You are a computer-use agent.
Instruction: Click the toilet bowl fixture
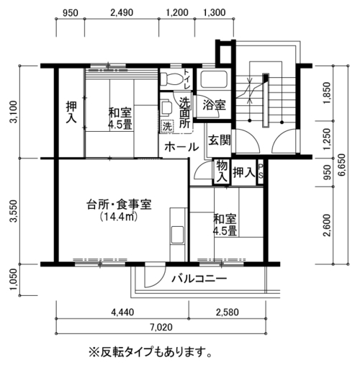coord(171,79)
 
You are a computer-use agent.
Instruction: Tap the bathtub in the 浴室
coord(214,79)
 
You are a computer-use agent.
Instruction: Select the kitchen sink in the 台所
coord(177,235)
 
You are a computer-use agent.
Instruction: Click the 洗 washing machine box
coord(167,126)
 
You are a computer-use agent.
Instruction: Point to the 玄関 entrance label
coord(219,140)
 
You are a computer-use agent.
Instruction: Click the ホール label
coord(181,147)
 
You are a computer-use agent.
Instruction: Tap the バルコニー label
coord(199,279)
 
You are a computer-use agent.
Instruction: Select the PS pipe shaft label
coord(261,171)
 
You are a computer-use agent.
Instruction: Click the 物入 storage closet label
coord(222,171)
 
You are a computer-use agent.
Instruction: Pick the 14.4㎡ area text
coord(119,217)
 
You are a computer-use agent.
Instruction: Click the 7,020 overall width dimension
coord(161,327)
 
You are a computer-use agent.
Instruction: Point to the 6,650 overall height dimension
coord(341,164)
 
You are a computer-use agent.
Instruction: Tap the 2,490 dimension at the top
coord(122,12)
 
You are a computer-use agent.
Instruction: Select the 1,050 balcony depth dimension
coord(14,279)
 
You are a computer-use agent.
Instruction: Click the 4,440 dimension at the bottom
coord(122,312)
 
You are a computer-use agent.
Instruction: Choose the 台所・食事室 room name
coord(119,205)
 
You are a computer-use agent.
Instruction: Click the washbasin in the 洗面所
coord(166,107)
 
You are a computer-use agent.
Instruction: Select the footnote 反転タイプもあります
coord(150,352)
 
